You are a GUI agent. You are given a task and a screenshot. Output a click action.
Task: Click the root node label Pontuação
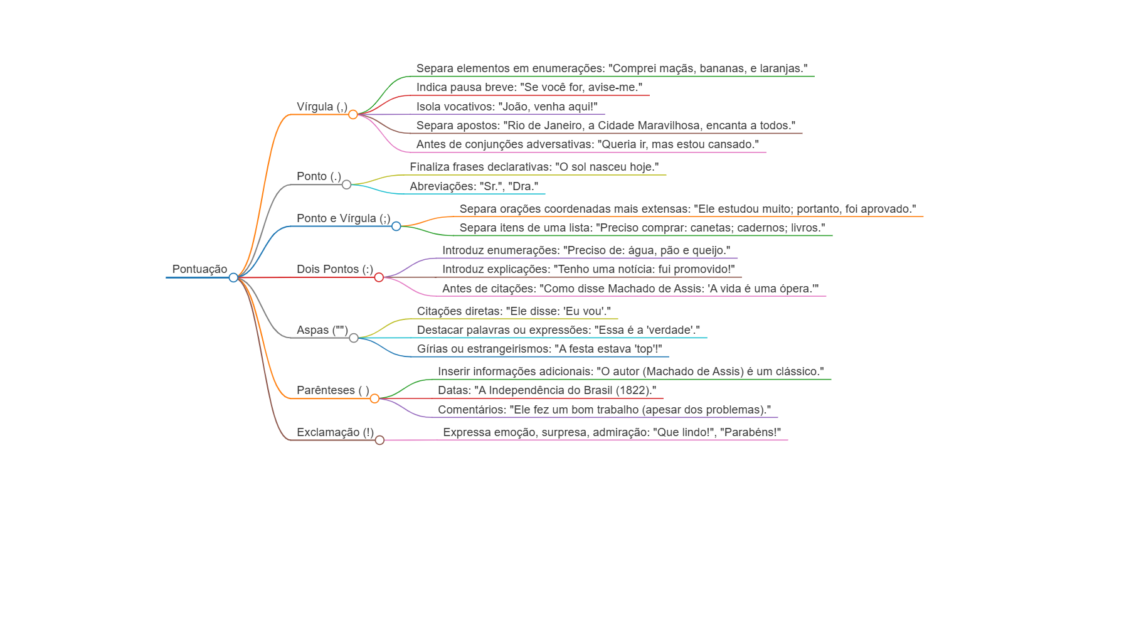(x=199, y=269)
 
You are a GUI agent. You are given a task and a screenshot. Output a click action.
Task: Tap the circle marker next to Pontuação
(x=233, y=277)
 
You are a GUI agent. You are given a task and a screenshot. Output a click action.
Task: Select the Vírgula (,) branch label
(x=322, y=107)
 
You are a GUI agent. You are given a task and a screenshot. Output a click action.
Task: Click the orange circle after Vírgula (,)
(x=353, y=114)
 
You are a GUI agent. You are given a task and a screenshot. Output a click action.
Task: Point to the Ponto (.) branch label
(x=319, y=176)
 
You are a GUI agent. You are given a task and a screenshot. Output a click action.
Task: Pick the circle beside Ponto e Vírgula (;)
(x=396, y=226)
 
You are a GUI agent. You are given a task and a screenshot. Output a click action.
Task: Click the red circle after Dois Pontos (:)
(x=379, y=277)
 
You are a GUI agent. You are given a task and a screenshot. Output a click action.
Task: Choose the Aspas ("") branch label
(x=322, y=330)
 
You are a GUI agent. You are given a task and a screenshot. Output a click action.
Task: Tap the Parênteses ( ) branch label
(x=333, y=390)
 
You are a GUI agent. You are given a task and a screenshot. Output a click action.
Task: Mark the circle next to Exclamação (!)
(x=379, y=440)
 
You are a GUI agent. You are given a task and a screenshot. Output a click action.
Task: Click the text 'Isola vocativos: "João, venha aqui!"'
(x=507, y=107)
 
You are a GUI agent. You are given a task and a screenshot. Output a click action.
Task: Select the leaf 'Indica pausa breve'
(x=529, y=87)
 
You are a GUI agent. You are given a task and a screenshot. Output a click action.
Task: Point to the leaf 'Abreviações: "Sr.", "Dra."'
(x=474, y=186)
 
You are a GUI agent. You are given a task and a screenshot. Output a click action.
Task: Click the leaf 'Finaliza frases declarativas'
(x=534, y=167)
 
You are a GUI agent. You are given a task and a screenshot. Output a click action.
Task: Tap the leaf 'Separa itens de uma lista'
(x=642, y=228)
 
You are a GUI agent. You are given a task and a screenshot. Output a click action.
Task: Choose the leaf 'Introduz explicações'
(x=588, y=269)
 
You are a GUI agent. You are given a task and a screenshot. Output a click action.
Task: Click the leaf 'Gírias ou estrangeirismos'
(x=539, y=349)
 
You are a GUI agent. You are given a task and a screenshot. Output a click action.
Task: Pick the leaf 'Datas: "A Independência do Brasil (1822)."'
(x=547, y=390)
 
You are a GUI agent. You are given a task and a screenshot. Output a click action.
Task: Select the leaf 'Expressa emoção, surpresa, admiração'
(x=612, y=432)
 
